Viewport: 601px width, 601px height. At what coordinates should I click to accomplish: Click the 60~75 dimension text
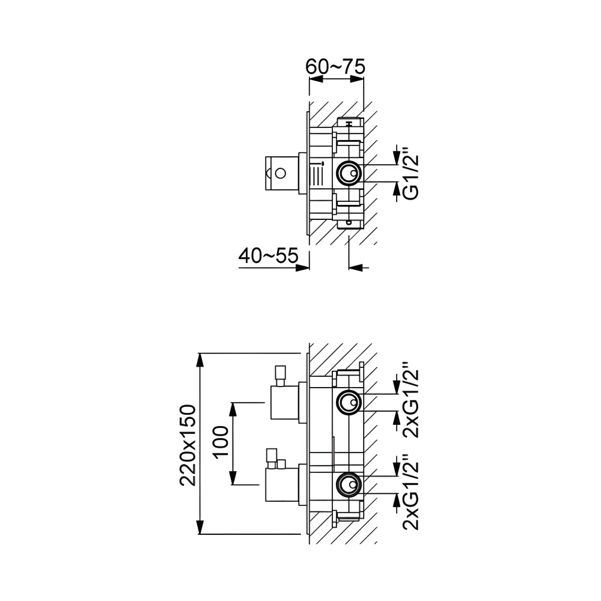[x=335, y=67]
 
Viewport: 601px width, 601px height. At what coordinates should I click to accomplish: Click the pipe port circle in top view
[x=349, y=173]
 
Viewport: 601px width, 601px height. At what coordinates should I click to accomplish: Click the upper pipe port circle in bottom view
[x=349, y=401]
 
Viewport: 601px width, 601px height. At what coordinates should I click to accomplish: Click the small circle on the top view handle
[x=279, y=174]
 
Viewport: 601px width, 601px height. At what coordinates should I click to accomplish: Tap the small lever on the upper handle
[x=279, y=374]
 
